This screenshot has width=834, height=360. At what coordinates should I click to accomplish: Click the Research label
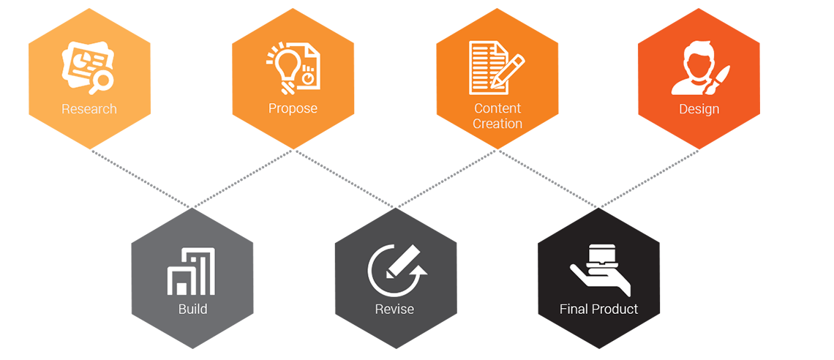click(x=89, y=109)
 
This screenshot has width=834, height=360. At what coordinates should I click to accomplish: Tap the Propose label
click(x=293, y=108)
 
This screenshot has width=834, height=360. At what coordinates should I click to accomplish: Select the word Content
click(x=497, y=108)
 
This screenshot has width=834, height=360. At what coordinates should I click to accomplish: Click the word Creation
click(x=497, y=124)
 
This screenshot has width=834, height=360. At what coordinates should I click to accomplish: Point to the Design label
click(x=699, y=109)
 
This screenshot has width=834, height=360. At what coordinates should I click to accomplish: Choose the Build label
click(x=192, y=309)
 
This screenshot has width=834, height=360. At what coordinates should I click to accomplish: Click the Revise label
click(x=394, y=309)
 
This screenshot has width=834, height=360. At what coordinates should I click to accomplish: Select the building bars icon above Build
click(x=192, y=271)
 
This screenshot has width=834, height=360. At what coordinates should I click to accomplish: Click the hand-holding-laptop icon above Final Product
click(x=600, y=269)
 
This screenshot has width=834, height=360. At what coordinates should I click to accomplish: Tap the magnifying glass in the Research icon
click(x=100, y=80)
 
